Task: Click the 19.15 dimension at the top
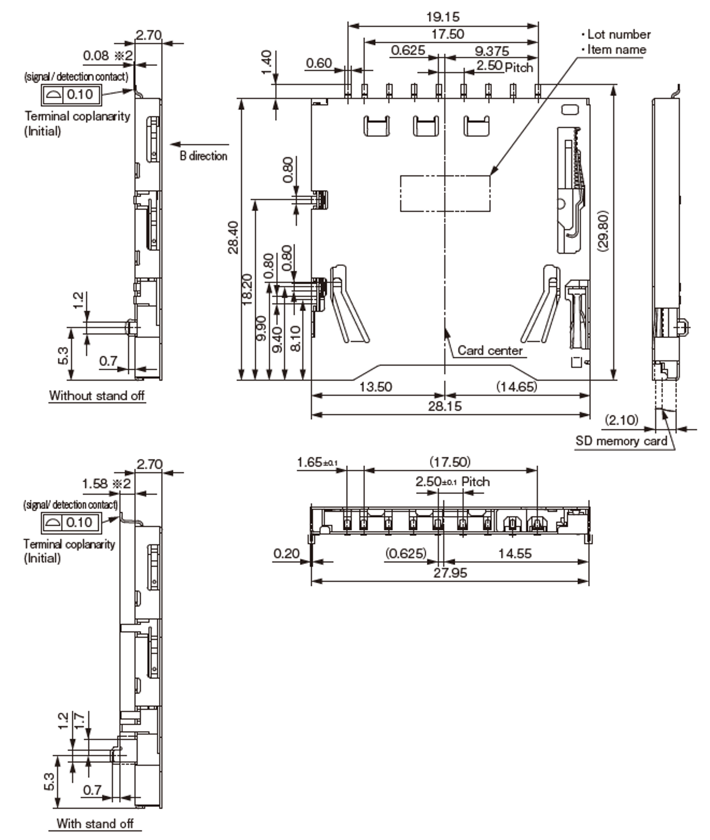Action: tap(442, 17)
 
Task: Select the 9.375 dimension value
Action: tap(492, 51)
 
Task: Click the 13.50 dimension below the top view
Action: tap(375, 387)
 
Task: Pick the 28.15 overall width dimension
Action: tap(444, 406)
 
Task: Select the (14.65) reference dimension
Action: tap(516, 387)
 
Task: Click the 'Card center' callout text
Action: tap(490, 350)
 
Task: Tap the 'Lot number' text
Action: tap(619, 35)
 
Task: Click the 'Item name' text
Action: tap(617, 50)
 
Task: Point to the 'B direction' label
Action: tap(203, 156)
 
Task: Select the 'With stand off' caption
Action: tap(95, 823)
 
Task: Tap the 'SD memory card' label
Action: tap(621, 441)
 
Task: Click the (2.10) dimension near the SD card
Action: tap(621, 420)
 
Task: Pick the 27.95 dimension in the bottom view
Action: tap(450, 573)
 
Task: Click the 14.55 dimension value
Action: tap(515, 554)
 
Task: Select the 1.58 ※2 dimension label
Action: tap(106, 483)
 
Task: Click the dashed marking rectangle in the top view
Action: tap(445, 193)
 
